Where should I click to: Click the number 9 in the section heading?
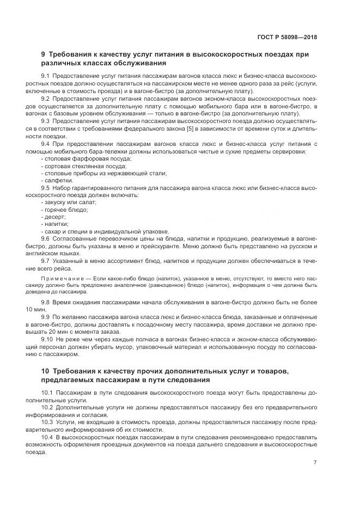click(x=44, y=54)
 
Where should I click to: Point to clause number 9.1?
click(x=46, y=75)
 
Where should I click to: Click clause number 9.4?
click(x=46, y=143)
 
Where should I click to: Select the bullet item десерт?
click(x=54, y=216)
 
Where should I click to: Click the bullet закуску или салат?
click(x=69, y=201)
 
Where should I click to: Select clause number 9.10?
click(x=47, y=339)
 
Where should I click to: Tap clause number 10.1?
click(x=47, y=393)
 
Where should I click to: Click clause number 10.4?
click(x=47, y=437)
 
